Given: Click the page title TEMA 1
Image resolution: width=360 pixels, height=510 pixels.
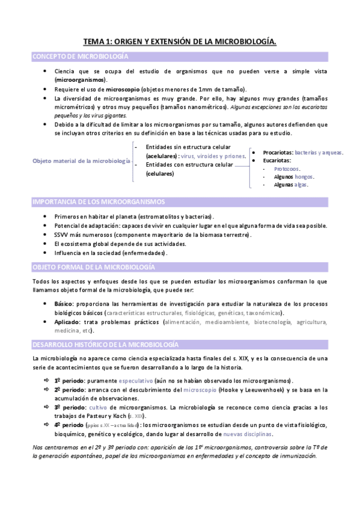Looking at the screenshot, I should [180, 42].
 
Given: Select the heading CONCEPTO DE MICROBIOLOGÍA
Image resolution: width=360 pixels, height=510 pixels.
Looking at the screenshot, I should [80, 57].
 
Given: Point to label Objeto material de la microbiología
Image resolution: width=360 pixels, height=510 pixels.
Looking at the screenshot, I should [81, 161].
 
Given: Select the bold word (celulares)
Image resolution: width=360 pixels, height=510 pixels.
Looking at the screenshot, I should [160, 174].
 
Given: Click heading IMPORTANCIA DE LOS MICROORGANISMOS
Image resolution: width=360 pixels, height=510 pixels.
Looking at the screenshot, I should [99, 201].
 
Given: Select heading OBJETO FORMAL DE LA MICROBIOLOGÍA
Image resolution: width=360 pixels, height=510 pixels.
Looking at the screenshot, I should [93, 266].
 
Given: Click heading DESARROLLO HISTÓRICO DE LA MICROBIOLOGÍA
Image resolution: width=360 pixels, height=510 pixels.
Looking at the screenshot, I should [105, 345].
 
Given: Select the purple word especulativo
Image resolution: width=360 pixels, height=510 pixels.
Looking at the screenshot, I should [137, 381].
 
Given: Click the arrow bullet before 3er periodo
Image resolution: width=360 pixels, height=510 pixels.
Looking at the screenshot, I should [47, 407].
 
